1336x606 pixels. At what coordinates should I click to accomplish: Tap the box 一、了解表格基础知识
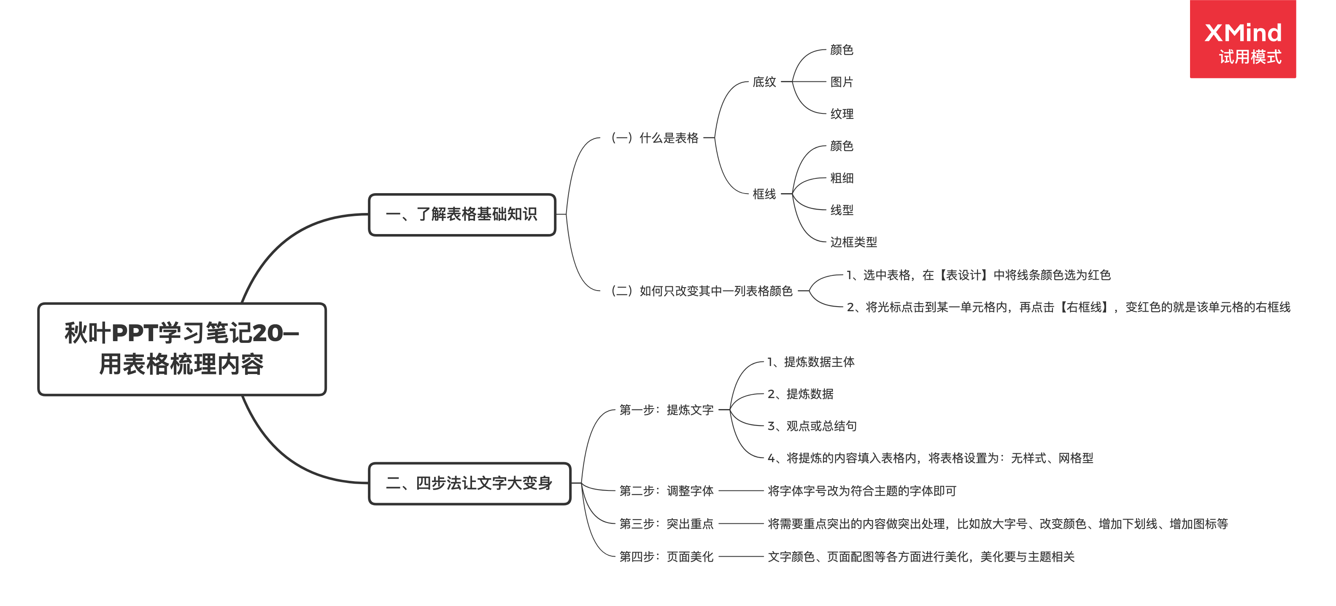pos(462,215)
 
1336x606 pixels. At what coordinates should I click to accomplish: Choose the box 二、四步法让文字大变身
pos(470,483)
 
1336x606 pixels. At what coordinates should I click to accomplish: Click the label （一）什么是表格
pos(655,138)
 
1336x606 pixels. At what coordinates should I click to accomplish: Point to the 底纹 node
pos(764,82)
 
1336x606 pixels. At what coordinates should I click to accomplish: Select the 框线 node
pos(764,194)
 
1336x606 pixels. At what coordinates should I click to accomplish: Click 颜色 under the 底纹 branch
pos(841,50)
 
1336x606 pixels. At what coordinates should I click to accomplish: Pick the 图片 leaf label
pos(841,82)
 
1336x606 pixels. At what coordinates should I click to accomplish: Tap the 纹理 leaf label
pos(841,114)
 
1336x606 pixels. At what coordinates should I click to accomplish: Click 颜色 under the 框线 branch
pos(841,146)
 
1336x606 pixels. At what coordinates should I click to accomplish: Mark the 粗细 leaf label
pos(841,178)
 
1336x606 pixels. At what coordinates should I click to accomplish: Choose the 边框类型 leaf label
pos(853,242)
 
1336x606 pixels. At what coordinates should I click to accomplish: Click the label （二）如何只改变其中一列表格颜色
pos(702,291)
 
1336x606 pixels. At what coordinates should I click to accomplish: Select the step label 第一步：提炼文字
pos(667,410)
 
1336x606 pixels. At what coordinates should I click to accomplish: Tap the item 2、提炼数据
pos(800,394)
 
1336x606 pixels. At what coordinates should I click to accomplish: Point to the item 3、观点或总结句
pos(812,426)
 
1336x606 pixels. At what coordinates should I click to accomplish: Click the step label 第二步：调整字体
pos(667,491)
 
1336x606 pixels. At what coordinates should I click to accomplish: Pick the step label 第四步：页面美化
pos(667,557)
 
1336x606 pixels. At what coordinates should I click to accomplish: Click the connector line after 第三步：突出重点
pos(741,524)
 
